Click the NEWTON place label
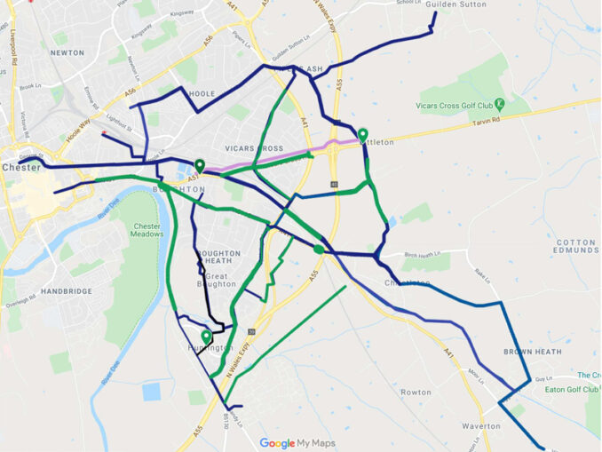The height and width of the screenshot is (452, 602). click(x=67, y=53)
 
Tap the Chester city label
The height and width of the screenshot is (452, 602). click(x=21, y=167)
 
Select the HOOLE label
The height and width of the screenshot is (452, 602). click(x=203, y=93)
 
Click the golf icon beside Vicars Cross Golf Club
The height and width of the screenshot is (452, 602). click(x=499, y=105)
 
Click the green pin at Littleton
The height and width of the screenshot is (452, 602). click(x=362, y=134)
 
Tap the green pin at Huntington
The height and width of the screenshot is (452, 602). click(x=206, y=337)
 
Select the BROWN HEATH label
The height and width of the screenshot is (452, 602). click(x=533, y=352)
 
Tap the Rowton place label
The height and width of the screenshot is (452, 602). click(x=415, y=392)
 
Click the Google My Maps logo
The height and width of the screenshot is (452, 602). click(x=297, y=442)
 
